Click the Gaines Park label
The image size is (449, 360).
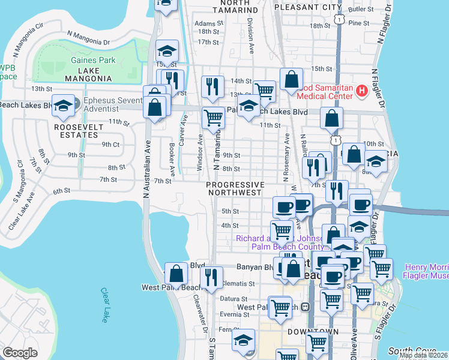[x=93, y=60]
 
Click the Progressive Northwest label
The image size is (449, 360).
[x=235, y=189]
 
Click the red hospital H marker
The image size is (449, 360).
[x=361, y=91]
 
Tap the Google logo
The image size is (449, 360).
[x=20, y=353]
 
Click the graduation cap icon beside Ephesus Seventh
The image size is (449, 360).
[x=62, y=106]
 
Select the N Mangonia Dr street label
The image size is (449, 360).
[x=89, y=39]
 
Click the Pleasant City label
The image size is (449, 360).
[x=307, y=8]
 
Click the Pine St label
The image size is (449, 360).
[x=358, y=23]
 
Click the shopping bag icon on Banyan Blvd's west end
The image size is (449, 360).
[x=176, y=274]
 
